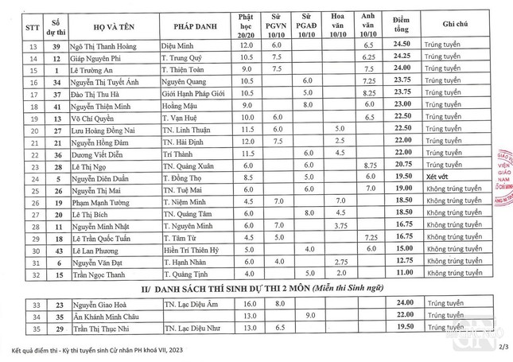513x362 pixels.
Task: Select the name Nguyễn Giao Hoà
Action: coord(99,303)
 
